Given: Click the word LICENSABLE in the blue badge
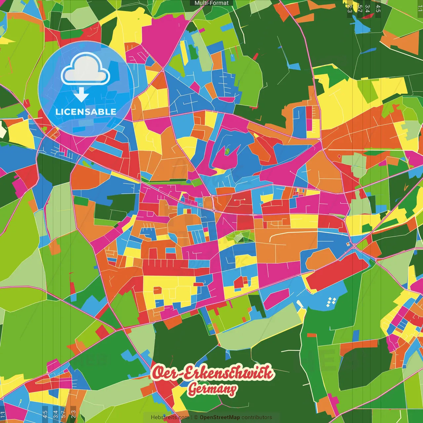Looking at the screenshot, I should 86,112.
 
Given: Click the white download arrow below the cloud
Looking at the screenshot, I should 81,96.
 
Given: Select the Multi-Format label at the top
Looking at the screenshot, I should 211,3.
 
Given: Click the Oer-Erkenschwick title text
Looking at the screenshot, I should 213,372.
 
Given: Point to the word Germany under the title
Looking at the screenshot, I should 212,390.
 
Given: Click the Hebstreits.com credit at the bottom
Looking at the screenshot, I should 170,417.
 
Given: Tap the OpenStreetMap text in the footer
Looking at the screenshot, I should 219,417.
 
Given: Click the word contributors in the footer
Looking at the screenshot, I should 257,417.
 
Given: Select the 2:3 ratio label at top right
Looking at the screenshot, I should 350,9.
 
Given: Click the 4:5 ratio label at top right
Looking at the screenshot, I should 378,9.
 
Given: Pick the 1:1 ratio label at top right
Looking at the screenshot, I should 420,9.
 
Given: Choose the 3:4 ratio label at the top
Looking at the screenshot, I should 367,9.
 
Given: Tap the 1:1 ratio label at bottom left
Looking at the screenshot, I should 3,414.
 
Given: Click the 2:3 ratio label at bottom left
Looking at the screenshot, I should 73,414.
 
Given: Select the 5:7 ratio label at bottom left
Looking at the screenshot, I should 63,414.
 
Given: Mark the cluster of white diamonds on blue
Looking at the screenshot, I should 331,302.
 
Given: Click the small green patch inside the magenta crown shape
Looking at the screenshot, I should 227,151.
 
